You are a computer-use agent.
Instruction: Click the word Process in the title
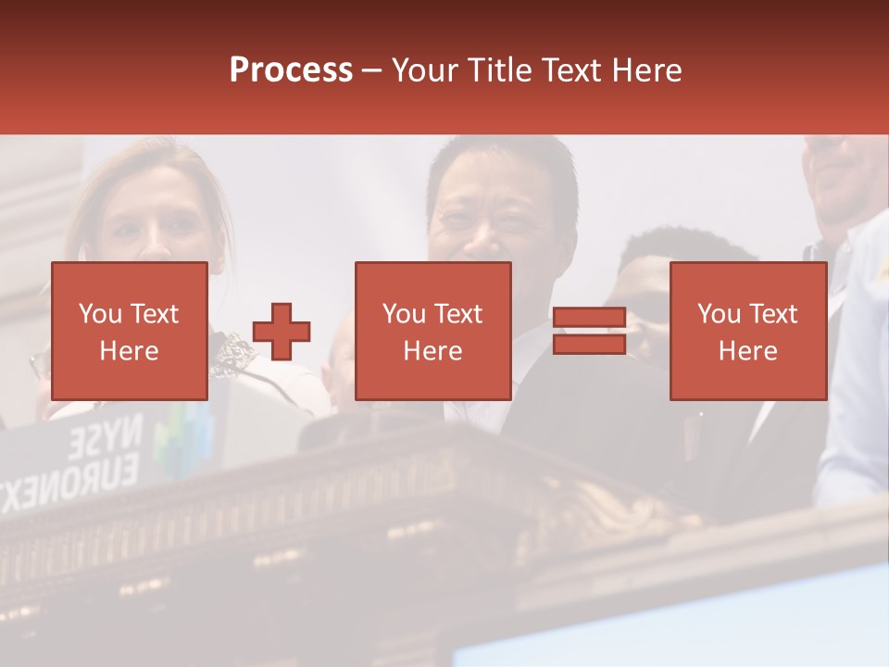291,70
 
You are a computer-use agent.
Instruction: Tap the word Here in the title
645,70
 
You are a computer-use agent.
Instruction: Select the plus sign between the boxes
282,332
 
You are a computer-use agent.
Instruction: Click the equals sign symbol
589,332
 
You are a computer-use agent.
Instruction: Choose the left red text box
130,332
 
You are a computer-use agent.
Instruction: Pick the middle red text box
433,332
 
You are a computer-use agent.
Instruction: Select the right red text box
748,332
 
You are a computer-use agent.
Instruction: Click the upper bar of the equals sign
589,319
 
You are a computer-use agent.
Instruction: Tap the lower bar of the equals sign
589,345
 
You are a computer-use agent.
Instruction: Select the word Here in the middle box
433,351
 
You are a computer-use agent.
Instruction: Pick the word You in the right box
719,314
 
